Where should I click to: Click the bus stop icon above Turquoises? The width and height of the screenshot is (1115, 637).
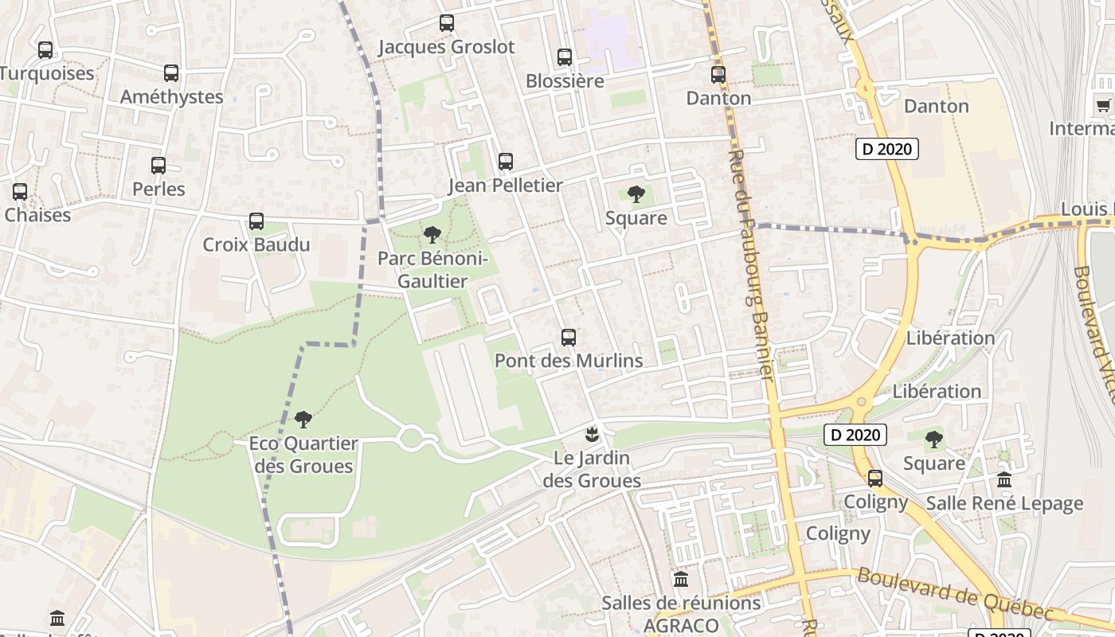click(45, 50)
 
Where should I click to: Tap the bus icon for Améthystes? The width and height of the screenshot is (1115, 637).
click(171, 73)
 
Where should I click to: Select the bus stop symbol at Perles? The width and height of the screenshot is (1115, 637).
click(158, 166)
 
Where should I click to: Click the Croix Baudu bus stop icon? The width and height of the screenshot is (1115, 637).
click(256, 221)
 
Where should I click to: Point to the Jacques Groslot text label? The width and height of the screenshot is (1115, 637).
click(446, 47)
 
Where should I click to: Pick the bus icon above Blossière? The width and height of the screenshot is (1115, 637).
click(565, 57)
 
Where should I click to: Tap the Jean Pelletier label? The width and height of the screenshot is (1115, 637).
click(505, 186)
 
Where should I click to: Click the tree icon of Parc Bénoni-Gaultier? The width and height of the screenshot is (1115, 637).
click(432, 235)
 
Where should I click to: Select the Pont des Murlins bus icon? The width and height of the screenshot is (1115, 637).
click(568, 337)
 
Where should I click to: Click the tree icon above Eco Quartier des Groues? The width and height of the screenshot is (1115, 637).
click(303, 419)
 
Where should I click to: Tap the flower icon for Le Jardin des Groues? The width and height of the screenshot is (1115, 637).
click(592, 435)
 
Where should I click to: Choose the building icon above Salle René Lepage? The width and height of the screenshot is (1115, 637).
click(1004, 479)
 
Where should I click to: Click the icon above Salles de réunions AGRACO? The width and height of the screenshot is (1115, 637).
click(681, 579)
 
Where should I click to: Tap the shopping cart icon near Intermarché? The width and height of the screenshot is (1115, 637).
click(1103, 105)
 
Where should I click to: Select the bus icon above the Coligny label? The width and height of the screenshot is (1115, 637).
click(875, 478)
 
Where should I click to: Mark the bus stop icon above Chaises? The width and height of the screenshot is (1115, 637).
click(20, 192)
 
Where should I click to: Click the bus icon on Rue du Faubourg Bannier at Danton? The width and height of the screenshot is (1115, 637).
click(718, 75)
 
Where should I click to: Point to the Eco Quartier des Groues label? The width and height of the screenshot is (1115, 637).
click(303, 455)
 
